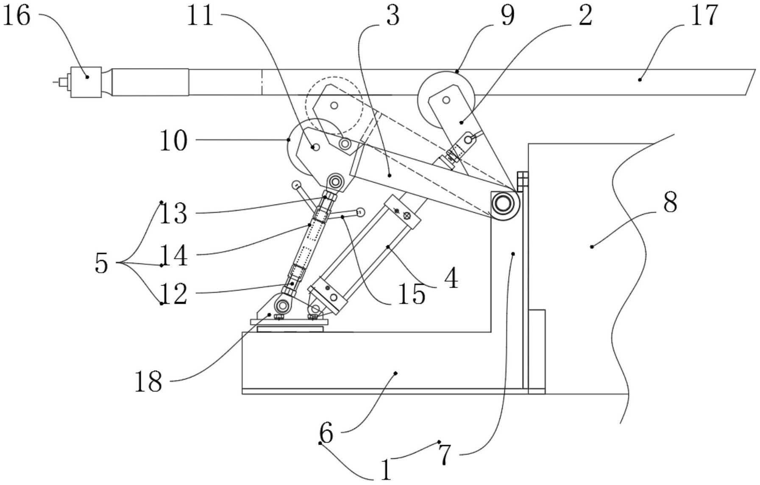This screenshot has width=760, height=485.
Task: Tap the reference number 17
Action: [x=704, y=16]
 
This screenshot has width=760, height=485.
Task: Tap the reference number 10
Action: [x=173, y=141]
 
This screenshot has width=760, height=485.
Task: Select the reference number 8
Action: [x=670, y=202]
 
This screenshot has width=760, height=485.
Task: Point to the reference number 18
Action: [x=148, y=382]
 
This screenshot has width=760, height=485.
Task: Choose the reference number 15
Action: [x=412, y=295]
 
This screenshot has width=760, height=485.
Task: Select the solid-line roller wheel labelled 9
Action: [x=445, y=100]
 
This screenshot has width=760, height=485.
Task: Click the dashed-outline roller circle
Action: [x=335, y=105]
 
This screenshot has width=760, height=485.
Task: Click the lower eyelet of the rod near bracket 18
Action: [x=282, y=304]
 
